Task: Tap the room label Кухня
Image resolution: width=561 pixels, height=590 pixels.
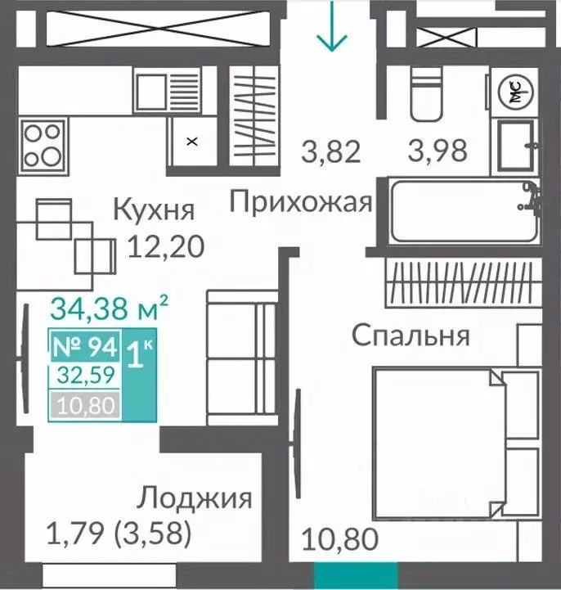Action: [x=155, y=209]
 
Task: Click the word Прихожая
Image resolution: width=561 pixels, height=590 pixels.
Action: [x=300, y=201]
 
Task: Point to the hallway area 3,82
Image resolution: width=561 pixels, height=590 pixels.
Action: [x=330, y=151]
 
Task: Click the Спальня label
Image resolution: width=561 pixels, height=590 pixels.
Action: [x=411, y=336]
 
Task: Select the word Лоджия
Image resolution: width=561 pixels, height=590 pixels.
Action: [x=194, y=498]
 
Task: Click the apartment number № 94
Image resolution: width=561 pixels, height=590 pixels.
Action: [x=86, y=347]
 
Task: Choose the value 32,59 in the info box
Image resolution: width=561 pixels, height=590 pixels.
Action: [x=86, y=376]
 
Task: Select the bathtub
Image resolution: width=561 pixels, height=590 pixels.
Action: [x=463, y=211]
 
